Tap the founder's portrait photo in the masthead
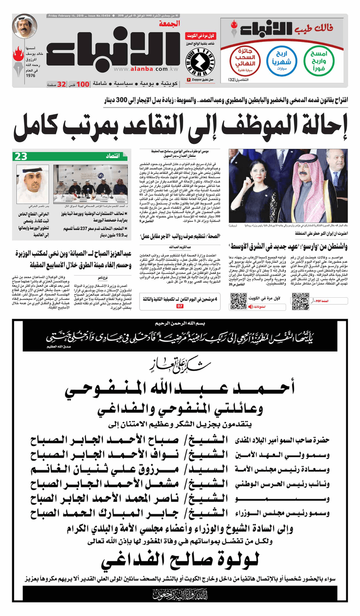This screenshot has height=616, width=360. (24, 27)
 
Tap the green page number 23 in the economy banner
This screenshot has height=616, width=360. (21, 156)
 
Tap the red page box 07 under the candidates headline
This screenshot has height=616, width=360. (180, 306)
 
